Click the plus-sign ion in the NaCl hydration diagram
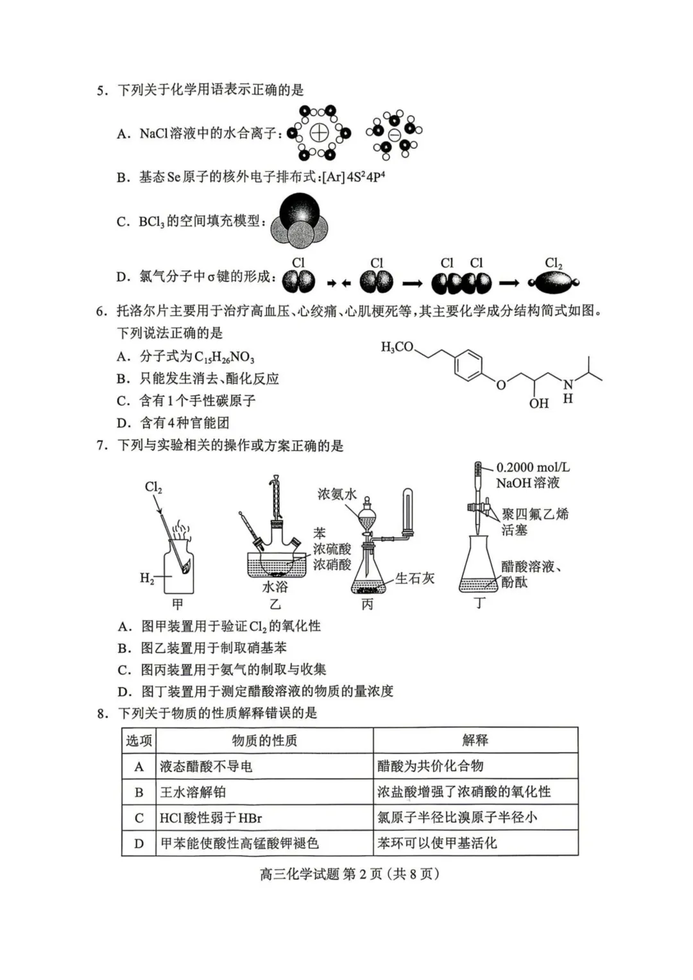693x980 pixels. coord(319,133)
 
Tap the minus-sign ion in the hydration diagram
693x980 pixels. coord(394,135)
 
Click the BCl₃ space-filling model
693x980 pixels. coord(299,222)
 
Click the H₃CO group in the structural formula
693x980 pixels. coord(397,347)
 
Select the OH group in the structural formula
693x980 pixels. coord(538,403)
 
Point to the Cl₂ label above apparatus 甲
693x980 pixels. coord(153,487)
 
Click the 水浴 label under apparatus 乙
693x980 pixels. coord(275,587)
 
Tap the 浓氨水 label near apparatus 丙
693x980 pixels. coord(336,494)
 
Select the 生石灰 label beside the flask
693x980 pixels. coord(415,579)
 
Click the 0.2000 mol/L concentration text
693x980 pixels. coord(533,468)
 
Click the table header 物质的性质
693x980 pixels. coord(264,741)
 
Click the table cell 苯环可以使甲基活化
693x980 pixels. coord(437,843)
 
